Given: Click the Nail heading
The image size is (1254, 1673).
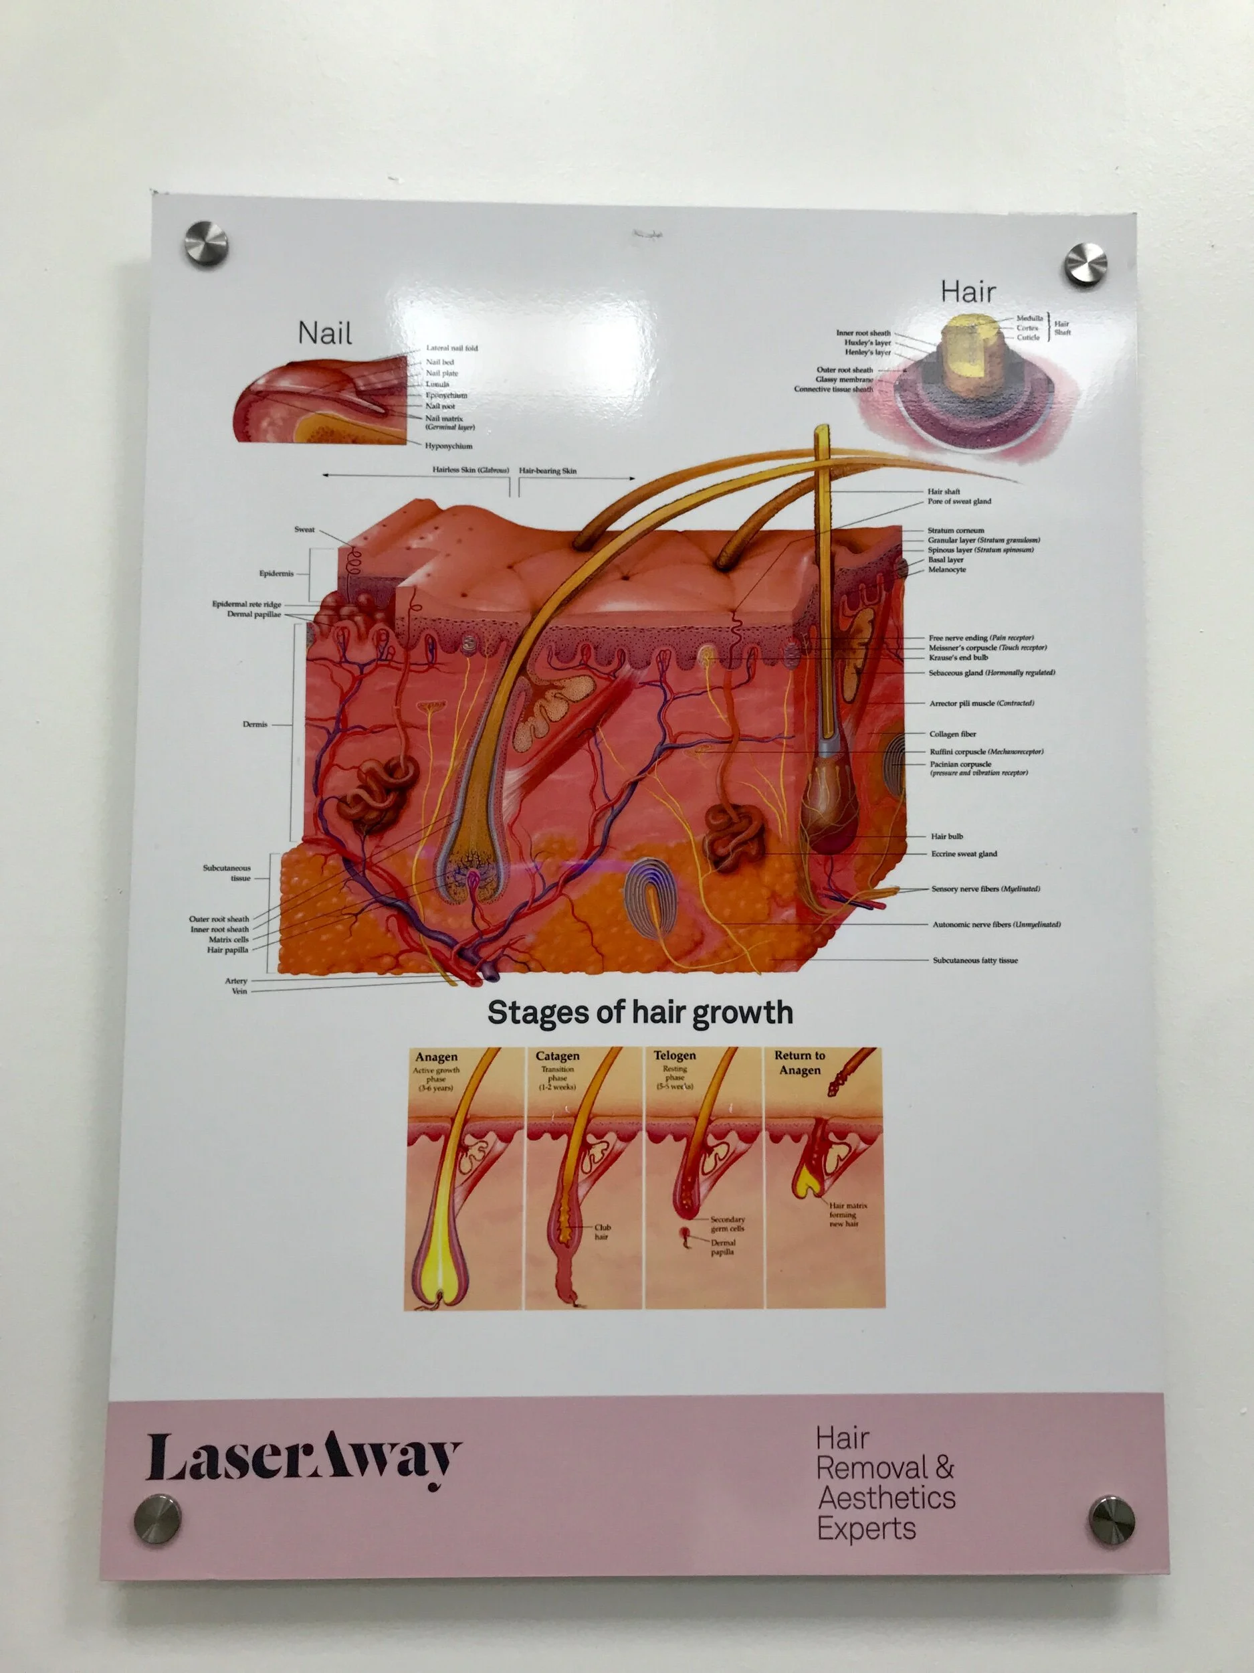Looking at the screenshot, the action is (x=325, y=333).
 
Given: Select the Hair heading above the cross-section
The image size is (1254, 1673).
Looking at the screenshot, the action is (x=968, y=291).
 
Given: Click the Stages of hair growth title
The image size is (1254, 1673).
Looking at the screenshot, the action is (x=639, y=1012).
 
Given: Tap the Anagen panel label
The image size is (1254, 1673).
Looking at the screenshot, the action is (x=436, y=1057).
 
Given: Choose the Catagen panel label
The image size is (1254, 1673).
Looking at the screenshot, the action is (x=557, y=1056).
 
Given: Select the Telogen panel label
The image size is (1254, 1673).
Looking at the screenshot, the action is (x=674, y=1055).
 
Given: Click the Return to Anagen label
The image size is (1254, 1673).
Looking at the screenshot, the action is (x=800, y=1062).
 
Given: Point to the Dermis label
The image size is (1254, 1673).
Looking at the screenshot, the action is (x=255, y=724).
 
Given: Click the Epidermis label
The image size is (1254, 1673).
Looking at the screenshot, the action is (x=276, y=574).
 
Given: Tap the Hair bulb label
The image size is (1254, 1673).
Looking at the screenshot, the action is (x=946, y=836).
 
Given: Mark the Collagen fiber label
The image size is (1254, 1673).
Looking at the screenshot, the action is (x=952, y=733).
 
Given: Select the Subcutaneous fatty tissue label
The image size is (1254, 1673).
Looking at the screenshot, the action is (x=975, y=960).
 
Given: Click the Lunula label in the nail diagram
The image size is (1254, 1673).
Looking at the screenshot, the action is (x=437, y=383).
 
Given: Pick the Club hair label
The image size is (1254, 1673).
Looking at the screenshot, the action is (x=602, y=1231).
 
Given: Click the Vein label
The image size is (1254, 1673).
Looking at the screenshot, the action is (x=239, y=991).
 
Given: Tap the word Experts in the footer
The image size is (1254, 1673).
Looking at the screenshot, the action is (x=866, y=1528).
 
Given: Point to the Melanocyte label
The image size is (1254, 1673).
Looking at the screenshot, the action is (x=946, y=569).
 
